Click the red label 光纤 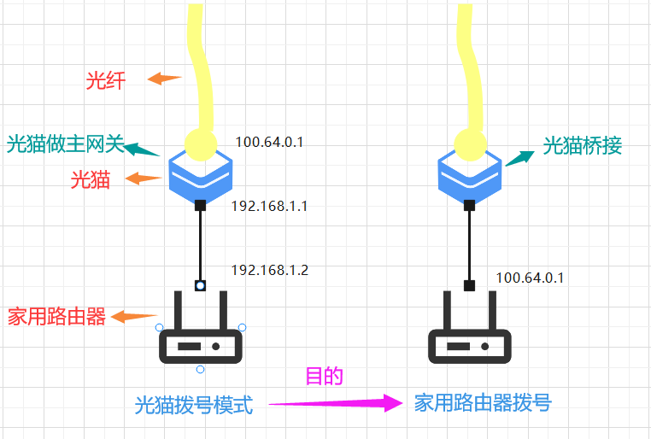coord(106,81)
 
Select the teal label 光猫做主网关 coord(64,143)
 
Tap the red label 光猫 coord(90,179)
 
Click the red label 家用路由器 coord(56,317)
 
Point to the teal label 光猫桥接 coord(582,146)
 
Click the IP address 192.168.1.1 coord(269,207)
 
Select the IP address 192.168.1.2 coord(269,270)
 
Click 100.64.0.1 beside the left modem coord(269,142)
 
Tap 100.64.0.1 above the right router coord(530,278)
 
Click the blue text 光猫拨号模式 coord(194,405)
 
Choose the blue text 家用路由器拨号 coord(483,403)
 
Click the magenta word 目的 coord(325,376)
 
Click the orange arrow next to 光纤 coord(164,79)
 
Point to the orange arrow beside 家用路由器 coord(134,317)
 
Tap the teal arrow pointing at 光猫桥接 coord(519,156)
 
